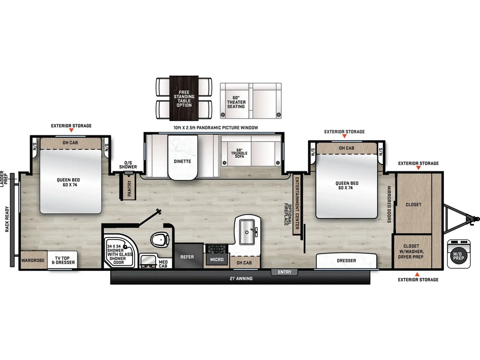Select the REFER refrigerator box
point(187,257)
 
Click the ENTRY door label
point(285,272)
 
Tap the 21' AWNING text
point(241,278)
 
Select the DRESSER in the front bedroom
point(347,261)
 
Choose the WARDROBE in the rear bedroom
point(33,261)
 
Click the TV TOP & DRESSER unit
point(62,260)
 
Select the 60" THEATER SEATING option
point(236,102)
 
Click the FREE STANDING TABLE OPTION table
point(184,98)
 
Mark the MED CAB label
point(163,264)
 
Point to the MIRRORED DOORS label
point(389,204)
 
